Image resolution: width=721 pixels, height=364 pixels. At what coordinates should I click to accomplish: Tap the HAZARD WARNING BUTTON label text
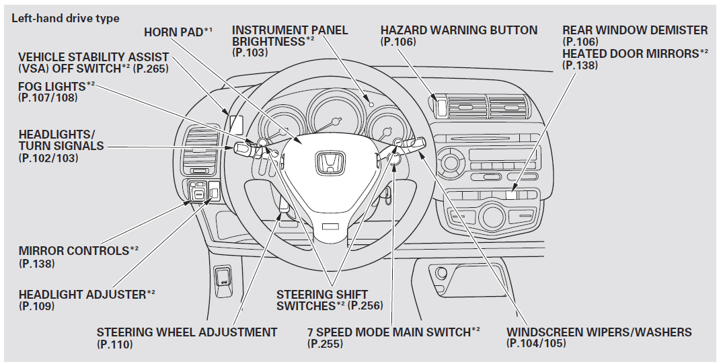pos(459,30)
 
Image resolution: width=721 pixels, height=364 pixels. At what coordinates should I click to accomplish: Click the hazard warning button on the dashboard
pos(441,106)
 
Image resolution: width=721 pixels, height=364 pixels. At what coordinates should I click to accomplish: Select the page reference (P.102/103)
pos(48,158)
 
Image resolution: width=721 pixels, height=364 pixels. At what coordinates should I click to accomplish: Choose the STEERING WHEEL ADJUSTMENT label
pos(186,332)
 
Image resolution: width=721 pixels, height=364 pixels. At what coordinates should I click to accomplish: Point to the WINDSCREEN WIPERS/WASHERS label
pos(599,332)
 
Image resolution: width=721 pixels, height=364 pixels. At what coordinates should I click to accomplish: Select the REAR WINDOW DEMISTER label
pos(634,30)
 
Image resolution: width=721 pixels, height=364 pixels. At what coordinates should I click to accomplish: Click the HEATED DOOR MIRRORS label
pos(634,53)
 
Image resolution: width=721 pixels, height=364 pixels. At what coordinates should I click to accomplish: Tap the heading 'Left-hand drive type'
pos(65,18)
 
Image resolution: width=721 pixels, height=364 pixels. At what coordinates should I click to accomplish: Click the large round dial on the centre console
pos(492,217)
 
